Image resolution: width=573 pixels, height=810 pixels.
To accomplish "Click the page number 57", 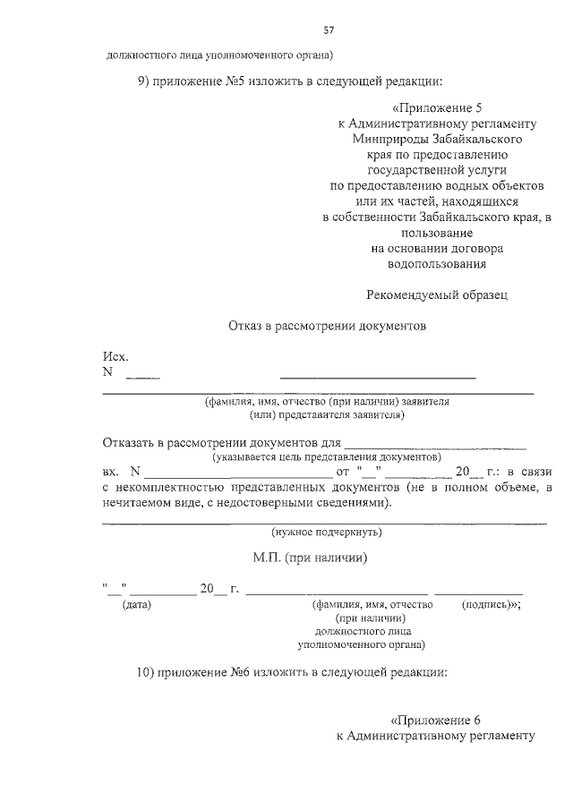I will (x=329, y=30).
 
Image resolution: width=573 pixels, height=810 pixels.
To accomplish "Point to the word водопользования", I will (x=437, y=264).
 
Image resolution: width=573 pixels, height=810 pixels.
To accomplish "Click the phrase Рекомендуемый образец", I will (x=438, y=294).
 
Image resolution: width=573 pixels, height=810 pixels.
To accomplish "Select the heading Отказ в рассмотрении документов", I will (x=328, y=326).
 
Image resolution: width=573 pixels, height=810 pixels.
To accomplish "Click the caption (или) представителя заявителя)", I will (x=328, y=414).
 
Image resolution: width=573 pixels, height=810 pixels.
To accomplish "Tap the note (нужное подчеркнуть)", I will (x=327, y=533).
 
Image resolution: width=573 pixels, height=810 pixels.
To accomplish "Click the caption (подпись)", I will (x=490, y=605).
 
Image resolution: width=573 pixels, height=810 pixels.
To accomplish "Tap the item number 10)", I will (x=148, y=674).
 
